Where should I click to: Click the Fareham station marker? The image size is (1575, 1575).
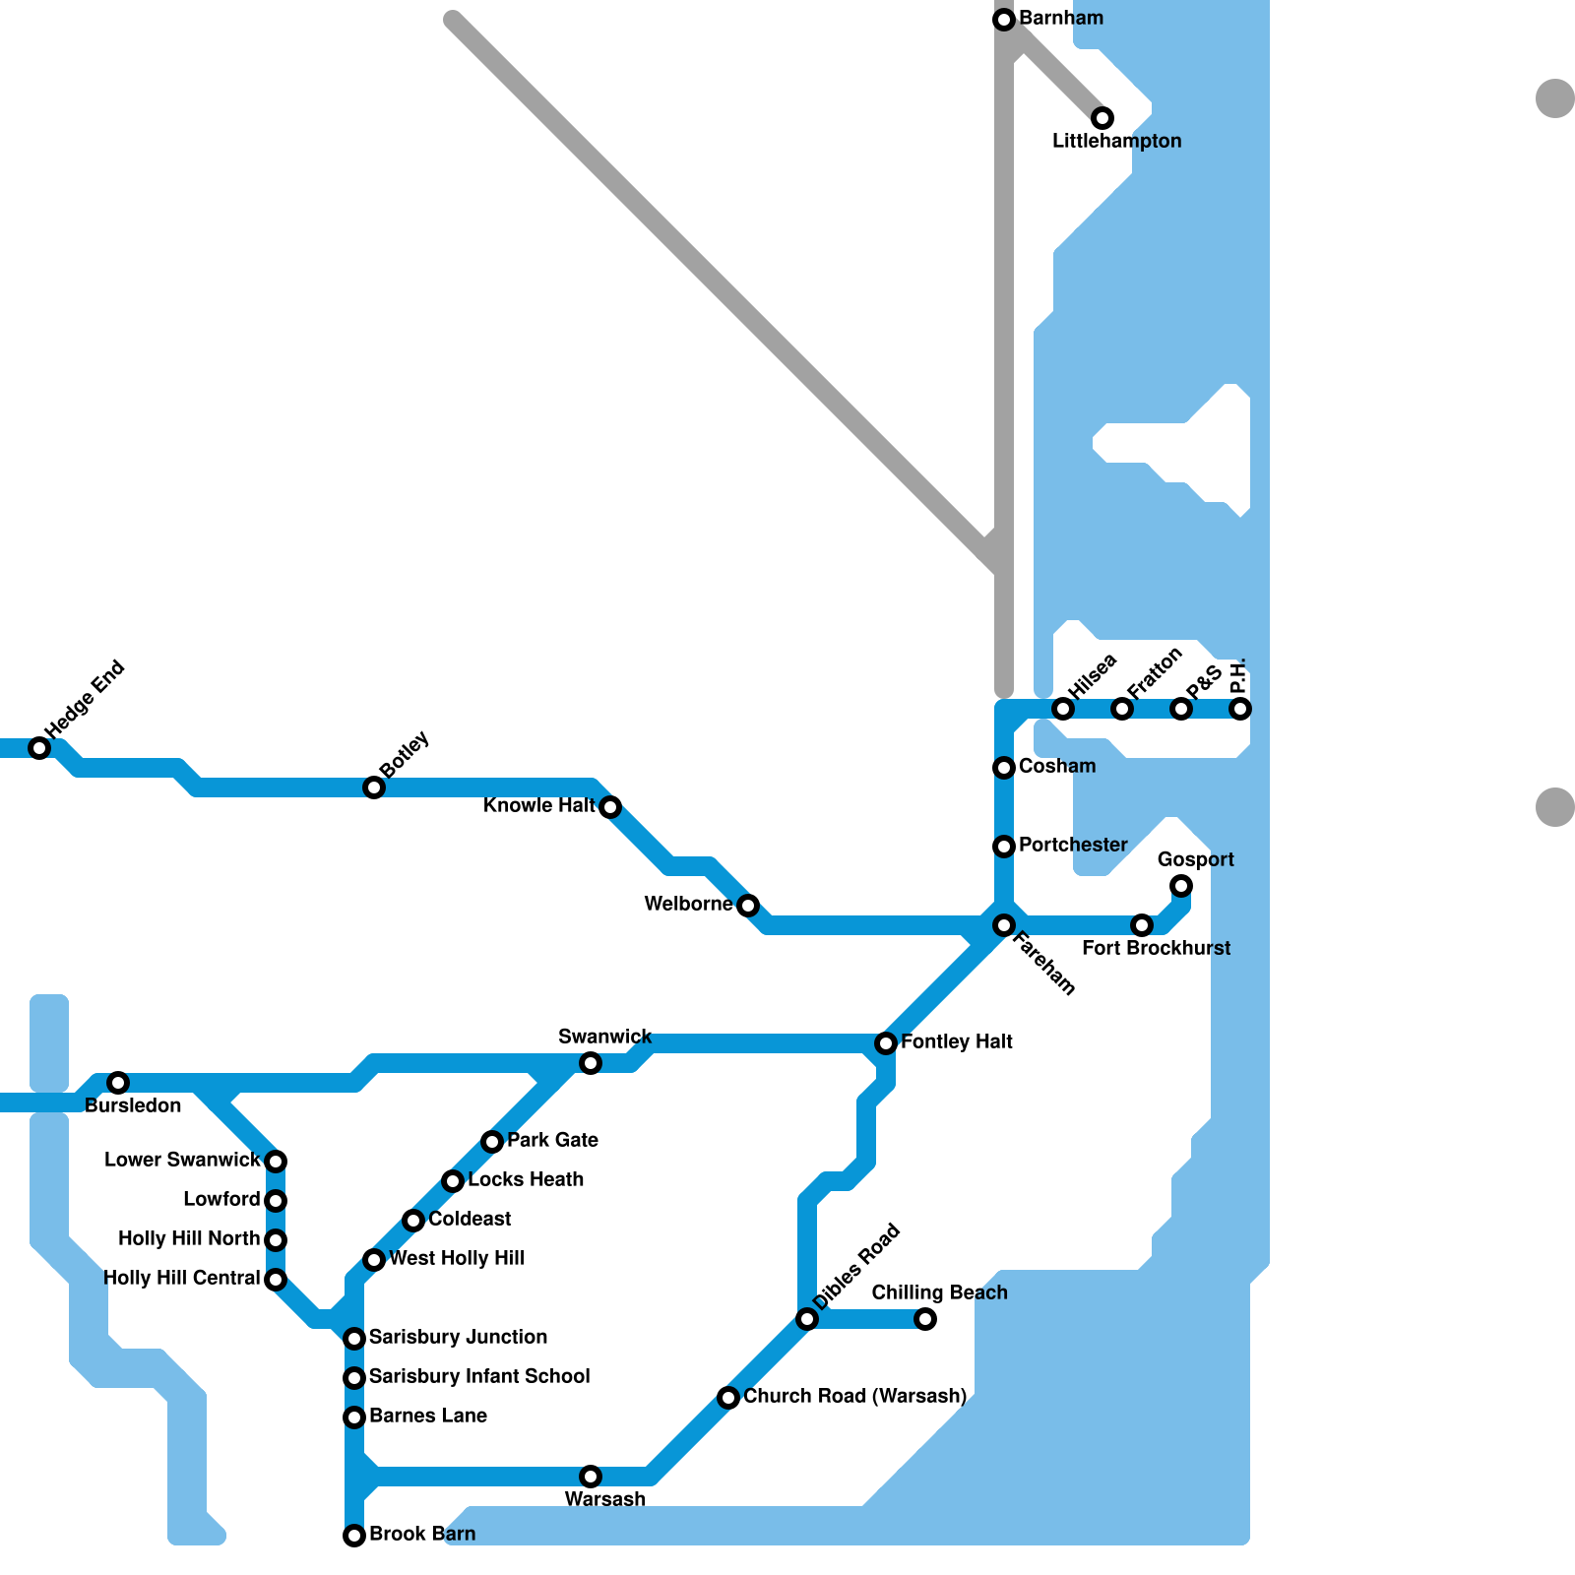[x=1004, y=925]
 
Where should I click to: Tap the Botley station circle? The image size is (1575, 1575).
[x=374, y=787]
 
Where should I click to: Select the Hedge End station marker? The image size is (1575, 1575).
[x=39, y=748]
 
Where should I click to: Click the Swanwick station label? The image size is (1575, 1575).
[x=604, y=1037]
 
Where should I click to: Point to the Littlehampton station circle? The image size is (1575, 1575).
[x=1102, y=118]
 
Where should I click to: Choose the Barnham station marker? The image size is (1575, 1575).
[x=1004, y=20]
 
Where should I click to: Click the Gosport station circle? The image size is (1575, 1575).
[x=1181, y=886]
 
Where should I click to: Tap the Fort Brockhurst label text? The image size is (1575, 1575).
[x=1156, y=948]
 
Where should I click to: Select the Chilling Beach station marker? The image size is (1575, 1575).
[x=925, y=1319]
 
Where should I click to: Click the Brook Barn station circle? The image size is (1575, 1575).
[x=354, y=1536]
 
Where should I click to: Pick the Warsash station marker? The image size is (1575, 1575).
[x=591, y=1477]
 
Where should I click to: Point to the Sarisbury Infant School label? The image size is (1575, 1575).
[x=479, y=1376]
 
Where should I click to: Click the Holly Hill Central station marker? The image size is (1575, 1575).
[x=276, y=1280]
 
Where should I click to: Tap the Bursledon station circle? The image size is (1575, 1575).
[x=118, y=1083]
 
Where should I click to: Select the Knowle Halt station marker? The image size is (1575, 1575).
[x=610, y=807]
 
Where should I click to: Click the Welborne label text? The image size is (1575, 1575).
[x=688, y=904]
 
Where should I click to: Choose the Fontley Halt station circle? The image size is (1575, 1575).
[x=886, y=1043]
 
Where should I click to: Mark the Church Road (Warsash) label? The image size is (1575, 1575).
[x=854, y=1396]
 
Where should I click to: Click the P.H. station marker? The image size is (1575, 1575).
[x=1240, y=709]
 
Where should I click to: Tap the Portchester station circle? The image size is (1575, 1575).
[x=1004, y=847]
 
